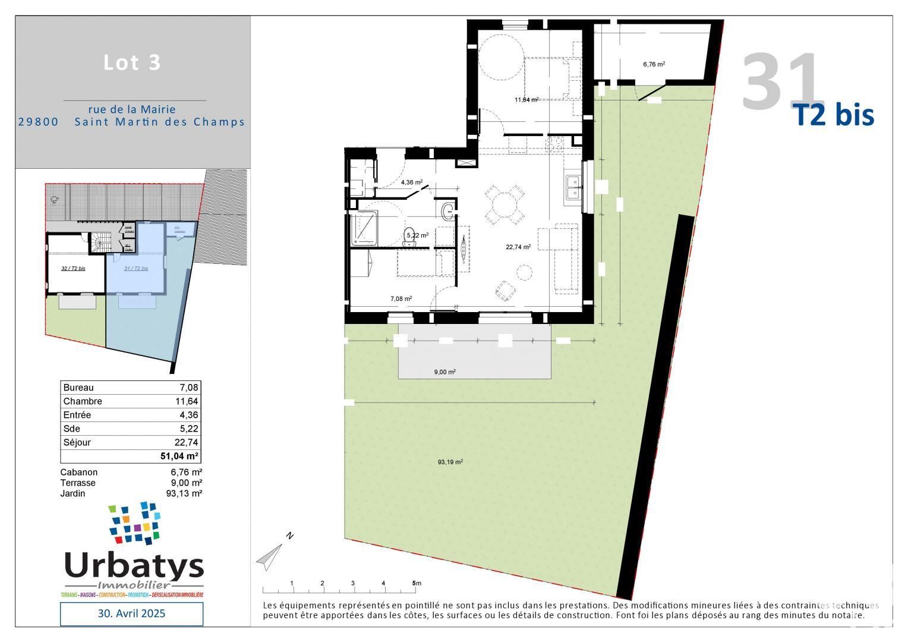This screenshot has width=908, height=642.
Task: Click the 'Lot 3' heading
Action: click(132, 62)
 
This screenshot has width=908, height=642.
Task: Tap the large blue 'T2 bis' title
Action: click(835, 115)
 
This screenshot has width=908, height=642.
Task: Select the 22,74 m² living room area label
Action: click(518, 247)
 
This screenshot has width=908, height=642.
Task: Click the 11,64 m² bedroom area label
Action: click(526, 100)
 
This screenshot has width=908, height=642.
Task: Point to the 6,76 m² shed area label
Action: click(654, 64)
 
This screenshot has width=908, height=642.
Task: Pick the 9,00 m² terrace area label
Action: click(444, 372)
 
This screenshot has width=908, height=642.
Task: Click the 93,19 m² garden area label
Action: click(450, 462)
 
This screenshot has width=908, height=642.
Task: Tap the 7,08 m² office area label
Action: click(401, 299)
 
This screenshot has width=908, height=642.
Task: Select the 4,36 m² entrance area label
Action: click(411, 182)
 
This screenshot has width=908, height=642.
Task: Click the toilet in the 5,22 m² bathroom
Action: click(409, 234)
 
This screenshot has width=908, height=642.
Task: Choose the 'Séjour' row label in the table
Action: click(77, 443)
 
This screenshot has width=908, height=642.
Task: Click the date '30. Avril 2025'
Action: click(131, 613)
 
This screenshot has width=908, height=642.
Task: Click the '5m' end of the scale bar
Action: click(416, 583)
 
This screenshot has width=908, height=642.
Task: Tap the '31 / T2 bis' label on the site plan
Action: click(136, 269)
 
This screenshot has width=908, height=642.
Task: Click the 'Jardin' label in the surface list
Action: click(72, 493)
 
